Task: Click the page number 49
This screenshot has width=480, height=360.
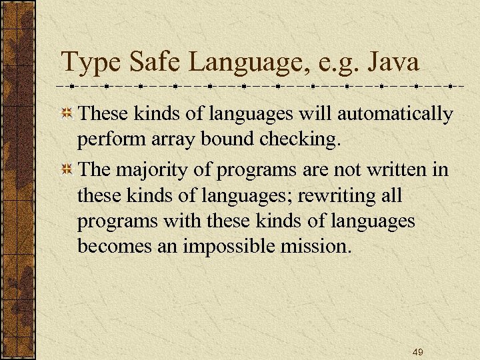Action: (418, 351)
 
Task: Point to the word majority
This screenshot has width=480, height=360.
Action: (149, 170)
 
